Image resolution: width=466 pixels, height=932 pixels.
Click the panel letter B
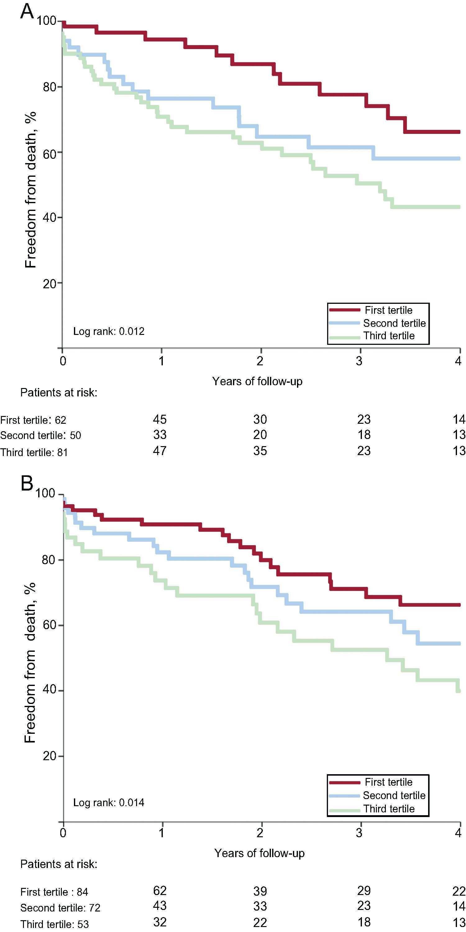click(x=27, y=483)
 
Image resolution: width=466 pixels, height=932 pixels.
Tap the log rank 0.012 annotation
click(x=108, y=331)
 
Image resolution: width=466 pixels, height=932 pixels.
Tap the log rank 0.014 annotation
click(x=108, y=802)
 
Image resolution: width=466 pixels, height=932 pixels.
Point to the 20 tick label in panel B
click(x=50, y=756)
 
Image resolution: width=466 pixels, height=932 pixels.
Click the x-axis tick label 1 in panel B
click(x=161, y=833)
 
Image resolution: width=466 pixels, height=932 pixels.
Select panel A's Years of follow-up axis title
click(x=257, y=381)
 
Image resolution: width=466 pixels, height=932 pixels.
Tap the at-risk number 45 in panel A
click(x=160, y=419)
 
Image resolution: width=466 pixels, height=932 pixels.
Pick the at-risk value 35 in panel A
click(x=260, y=451)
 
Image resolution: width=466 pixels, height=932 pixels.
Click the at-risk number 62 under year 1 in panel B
click(x=160, y=890)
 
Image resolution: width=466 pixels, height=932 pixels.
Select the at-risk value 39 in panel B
click(x=260, y=891)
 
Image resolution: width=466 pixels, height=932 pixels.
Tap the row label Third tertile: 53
click(x=54, y=924)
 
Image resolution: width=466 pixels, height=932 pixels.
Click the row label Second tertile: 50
click(x=40, y=435)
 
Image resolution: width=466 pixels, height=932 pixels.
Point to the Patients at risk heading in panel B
click(x=59, y=864)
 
